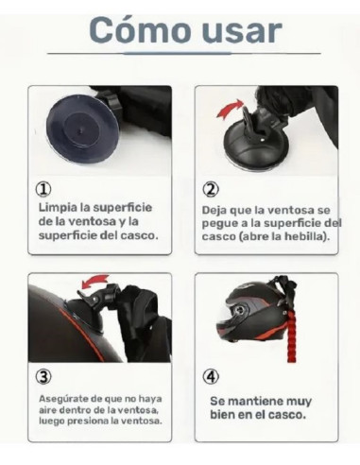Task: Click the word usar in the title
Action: [x=240, y=30]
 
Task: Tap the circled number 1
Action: [x=43, y=188]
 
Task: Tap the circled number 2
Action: [x=210, y=188]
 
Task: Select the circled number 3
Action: [x=43, y=376]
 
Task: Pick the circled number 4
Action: [x=212, y=376]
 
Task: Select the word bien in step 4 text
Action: [x=224, y=414]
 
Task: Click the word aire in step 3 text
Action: [x=48, y=409]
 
